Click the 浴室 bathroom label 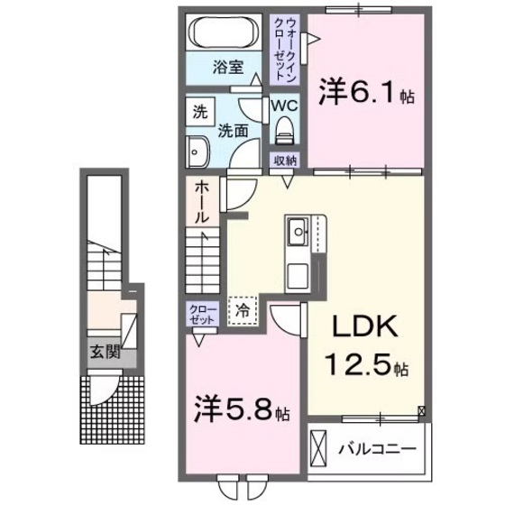(228, 66)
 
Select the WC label (285, 106)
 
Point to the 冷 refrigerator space (242, 309)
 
